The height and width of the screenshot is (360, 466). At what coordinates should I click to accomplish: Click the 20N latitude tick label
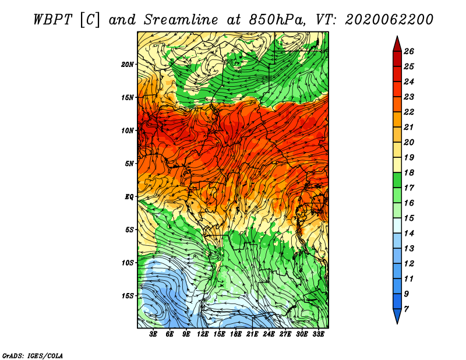click(128, 65)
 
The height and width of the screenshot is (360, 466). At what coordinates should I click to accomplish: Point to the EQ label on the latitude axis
click(129, 197)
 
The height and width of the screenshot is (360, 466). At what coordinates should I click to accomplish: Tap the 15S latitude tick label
click(128, 296)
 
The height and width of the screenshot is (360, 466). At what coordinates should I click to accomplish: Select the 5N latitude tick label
click(129, 164)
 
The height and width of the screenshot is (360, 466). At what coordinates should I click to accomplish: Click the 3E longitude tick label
click(153, 334)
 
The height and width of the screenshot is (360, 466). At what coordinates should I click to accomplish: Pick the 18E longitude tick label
click(236, 334)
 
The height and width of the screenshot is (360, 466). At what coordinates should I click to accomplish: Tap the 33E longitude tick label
click(318, 334)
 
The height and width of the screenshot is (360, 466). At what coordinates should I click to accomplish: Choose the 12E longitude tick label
click(203, 334)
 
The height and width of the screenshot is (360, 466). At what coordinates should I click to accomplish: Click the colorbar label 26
click(409, 51)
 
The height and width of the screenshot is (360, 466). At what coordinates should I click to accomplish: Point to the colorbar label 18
click(409, 172)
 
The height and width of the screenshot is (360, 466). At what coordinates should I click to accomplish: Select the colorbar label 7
click(406, 309)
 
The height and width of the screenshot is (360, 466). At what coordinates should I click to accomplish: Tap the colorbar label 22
click(409, 112)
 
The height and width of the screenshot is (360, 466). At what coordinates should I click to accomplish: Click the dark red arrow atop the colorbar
click(397, 44)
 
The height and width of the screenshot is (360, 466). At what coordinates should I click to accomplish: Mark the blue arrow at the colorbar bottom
click(397, 316)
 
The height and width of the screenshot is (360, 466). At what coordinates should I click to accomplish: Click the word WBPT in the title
click(52, 20)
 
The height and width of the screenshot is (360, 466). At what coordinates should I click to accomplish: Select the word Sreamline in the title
click(181, 20)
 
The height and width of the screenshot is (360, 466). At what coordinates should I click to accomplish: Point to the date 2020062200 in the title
click(389, 20)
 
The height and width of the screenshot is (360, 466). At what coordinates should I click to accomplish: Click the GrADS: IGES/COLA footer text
click(33, 356)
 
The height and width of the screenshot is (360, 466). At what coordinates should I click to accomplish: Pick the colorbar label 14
click(409, 234)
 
